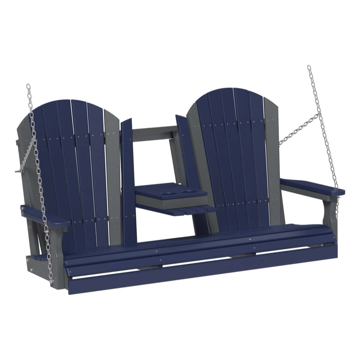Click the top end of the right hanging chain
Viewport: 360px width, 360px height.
[x=309, y=67]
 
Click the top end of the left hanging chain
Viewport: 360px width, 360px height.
[x=28, y=86]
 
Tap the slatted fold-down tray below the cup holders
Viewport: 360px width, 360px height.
[x=192, y=210]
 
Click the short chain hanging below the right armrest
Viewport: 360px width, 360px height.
[x=337, y=204]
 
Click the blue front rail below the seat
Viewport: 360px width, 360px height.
[x=198, y=274]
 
